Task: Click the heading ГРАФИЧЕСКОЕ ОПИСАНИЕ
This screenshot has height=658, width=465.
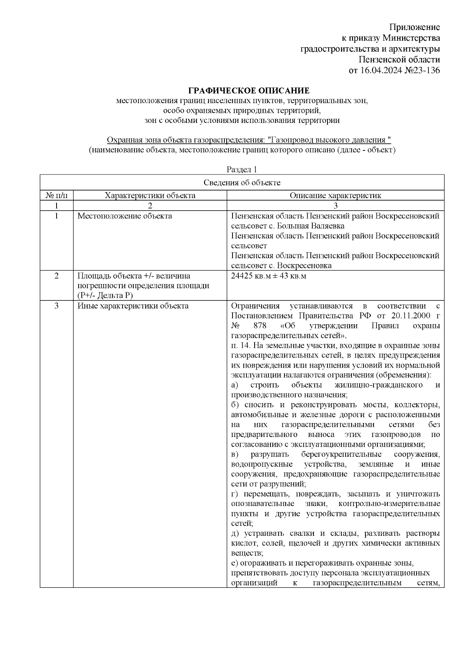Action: click(x=248, y=91)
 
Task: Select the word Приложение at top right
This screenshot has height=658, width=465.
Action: click(x=414, y=27)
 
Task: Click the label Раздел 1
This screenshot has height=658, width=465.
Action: click(x=242, y=169)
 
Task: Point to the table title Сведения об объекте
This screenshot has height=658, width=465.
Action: click(x=242, y=182)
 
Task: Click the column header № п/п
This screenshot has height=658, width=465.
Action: click(x=57, y=195)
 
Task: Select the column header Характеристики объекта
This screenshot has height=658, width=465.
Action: click(x=150, y=195)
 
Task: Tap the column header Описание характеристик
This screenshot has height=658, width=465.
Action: click(x=335, y=195)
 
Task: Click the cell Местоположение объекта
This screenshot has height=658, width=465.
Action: click(x=124, y=216)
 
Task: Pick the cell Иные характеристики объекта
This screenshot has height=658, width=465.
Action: click(x=133, y=306)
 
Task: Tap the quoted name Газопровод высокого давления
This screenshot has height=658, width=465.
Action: click(x=328, y=140)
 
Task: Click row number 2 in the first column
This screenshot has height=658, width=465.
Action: click(x=57, y=276)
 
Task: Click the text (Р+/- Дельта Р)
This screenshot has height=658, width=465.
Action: click(x=105, y=296)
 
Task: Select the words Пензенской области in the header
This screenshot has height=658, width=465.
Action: click(x=399, y=60)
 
